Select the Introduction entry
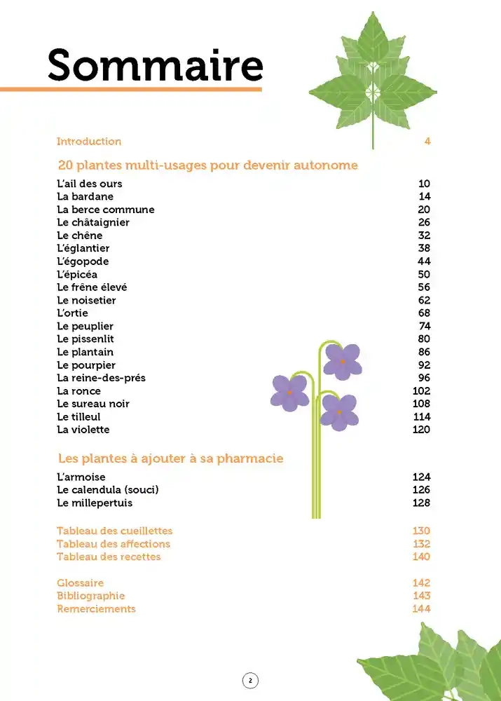(x=89, y=142)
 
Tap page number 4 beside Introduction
(x=427, y=142)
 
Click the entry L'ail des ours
(x=89, y=184)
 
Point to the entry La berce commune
(x=105, y=210)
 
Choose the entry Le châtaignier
(x=93, y=222)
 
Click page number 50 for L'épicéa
(x=423, y=274)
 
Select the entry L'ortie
(x=72, y=313)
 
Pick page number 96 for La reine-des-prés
(x=423, y=378)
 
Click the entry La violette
(x=83, y=430)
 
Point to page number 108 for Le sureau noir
(x=421, y=404)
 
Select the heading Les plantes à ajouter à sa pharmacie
(x=170, y=458)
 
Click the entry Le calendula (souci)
(x=108, y=490)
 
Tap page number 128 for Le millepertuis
(x=421, y=503)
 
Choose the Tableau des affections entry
(x=113, y=544)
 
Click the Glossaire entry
(x=80, y=583)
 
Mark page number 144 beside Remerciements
(x=421, y=609)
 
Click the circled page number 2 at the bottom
(x=250, y=680)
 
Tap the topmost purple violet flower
(x=343, y=361)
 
